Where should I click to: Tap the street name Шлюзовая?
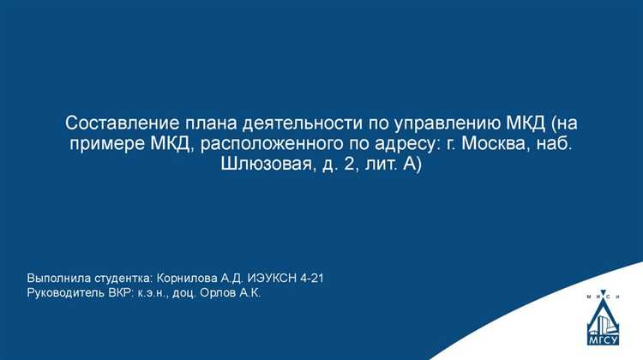pos(257,164)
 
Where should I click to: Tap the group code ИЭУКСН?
pos(273,279)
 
